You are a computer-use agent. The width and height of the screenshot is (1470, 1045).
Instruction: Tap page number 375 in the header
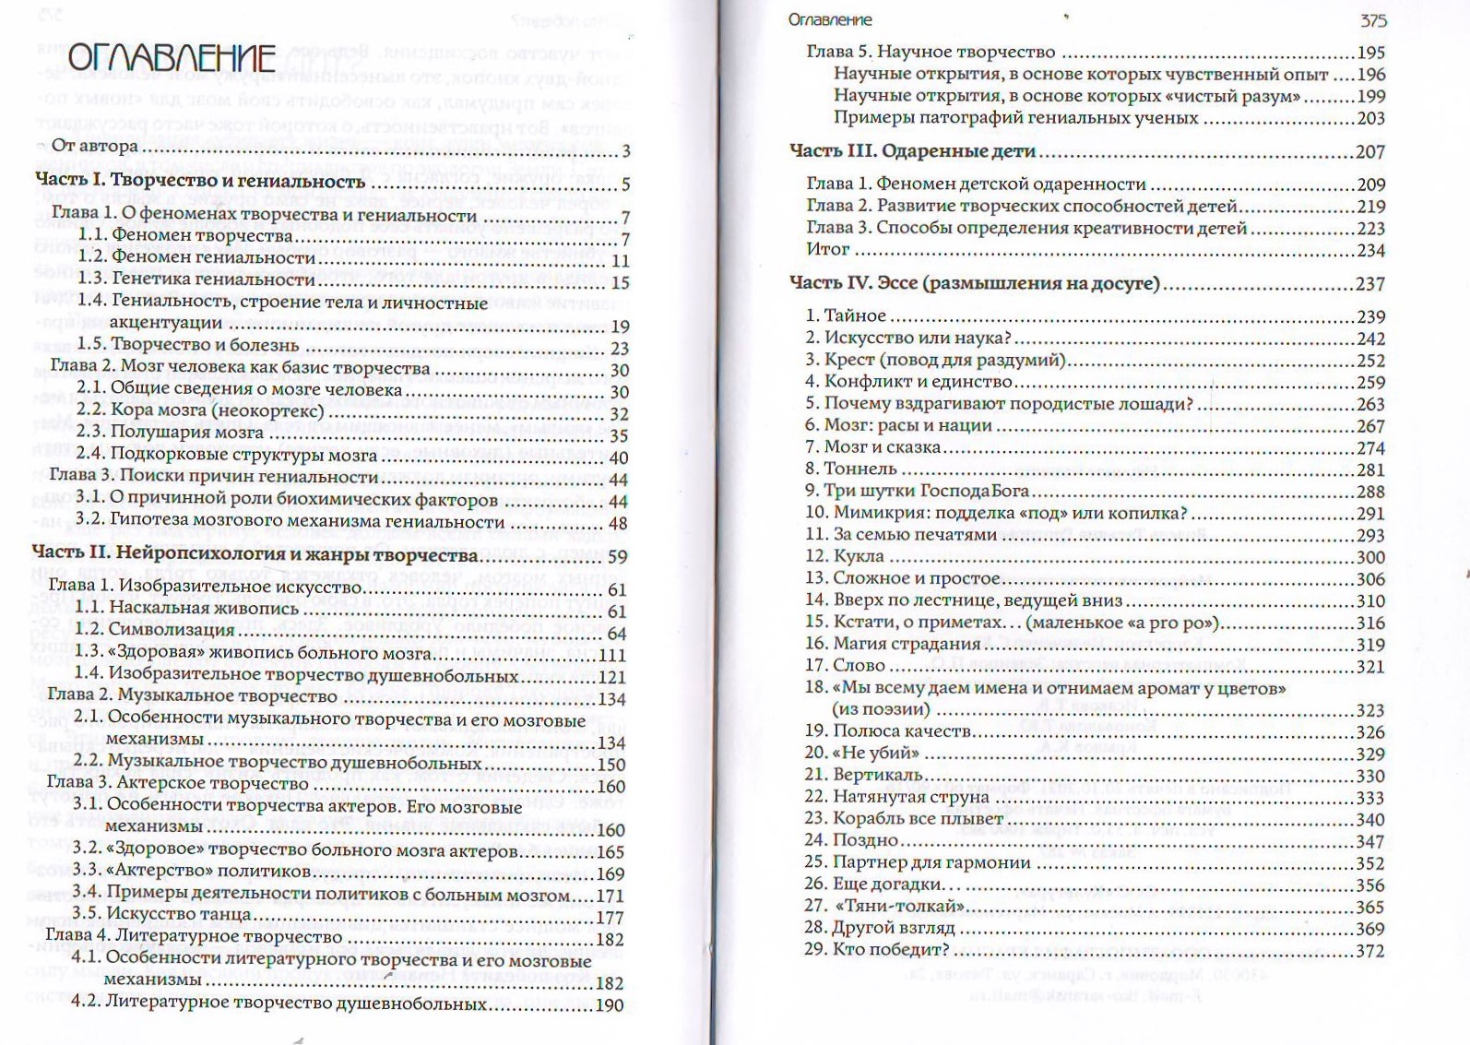[x=1372, y=20]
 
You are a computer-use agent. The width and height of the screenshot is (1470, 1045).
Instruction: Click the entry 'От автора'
[x=94, y=146]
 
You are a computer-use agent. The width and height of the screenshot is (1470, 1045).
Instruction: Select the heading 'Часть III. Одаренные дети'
[x=912, y=151]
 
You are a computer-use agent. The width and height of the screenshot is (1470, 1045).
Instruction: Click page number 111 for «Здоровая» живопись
[x=611, y=655]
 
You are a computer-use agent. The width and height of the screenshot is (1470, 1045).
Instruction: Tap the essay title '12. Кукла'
[x=845, y=556]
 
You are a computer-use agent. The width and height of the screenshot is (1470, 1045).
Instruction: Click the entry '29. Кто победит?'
[x=877, y=949]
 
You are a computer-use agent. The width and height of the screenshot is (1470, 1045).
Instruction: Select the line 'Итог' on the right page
[x=827, y=249]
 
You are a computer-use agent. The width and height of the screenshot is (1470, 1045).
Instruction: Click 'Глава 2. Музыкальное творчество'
[x=192, y=695]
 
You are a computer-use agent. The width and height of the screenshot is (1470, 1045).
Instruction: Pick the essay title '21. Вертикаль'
[x=863, y=775]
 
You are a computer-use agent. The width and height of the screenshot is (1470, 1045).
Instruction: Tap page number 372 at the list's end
[x=1369, y=951]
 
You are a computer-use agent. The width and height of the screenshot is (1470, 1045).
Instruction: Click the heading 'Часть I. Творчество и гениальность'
[x=200, y=181]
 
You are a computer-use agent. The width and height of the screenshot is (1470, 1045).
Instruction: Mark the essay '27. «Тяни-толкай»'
[x=884, y=907]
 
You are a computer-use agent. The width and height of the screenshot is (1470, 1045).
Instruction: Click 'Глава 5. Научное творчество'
[x=931, y=52]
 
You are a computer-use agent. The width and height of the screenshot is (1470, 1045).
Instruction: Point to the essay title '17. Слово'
[x=845, y=665]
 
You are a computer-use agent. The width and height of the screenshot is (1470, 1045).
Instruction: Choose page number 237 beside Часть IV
[x=1369, y=284]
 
